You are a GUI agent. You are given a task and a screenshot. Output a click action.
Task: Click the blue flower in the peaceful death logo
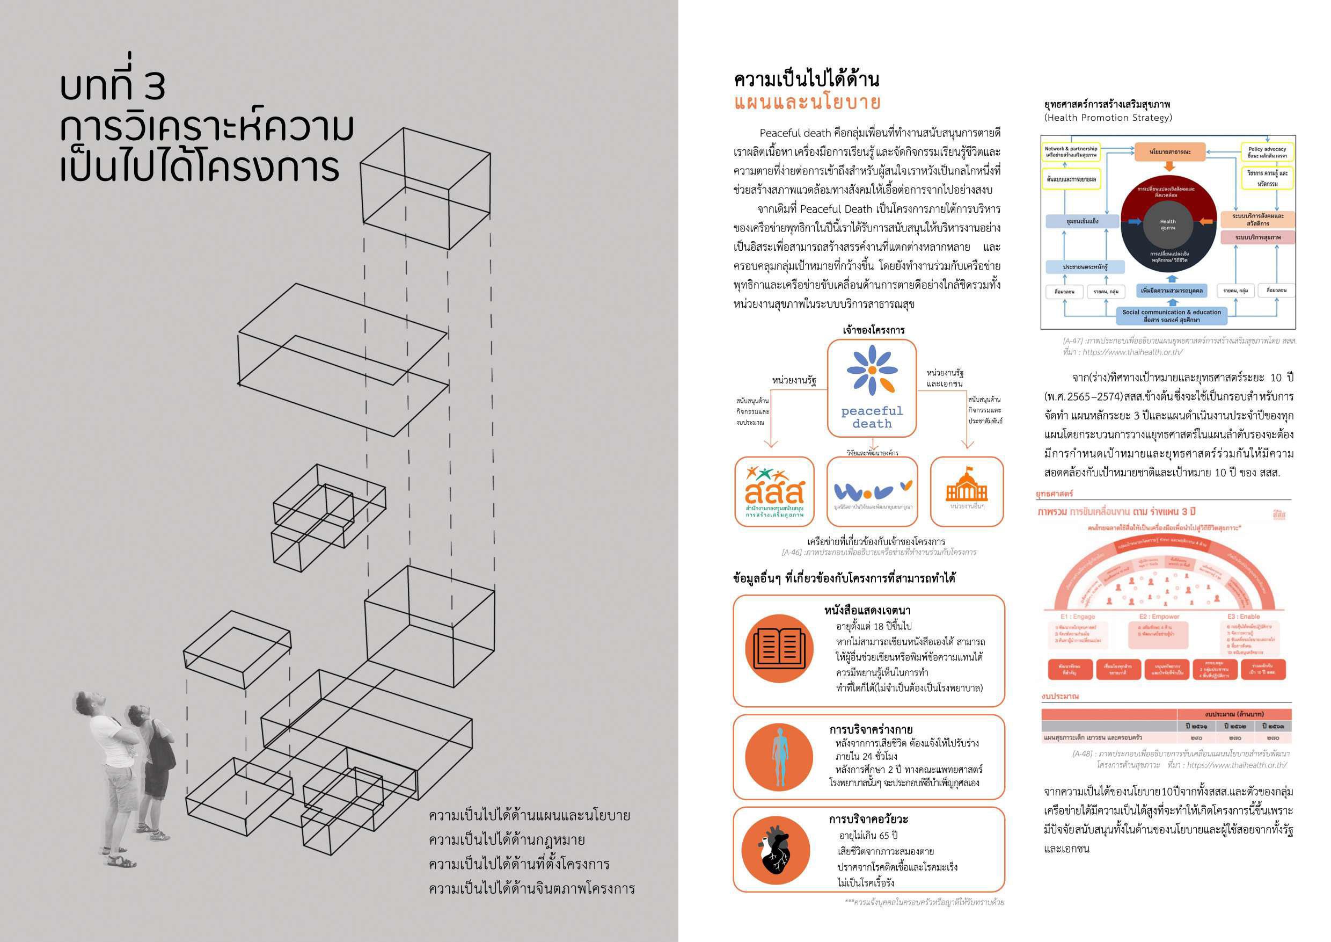pos(871,369)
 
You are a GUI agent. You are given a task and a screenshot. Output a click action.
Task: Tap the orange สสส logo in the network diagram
pos(774,491)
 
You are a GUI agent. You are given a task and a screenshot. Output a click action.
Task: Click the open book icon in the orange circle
pos(779,648)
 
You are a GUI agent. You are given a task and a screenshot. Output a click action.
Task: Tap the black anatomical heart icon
pos(776,850)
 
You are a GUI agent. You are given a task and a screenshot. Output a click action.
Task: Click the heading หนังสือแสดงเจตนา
pos(867,610)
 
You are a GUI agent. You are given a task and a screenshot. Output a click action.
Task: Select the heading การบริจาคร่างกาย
pos(871,729)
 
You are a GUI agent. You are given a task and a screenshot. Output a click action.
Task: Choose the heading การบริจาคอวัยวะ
pos(868,819)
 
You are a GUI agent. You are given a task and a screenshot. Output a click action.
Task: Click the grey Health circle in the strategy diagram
pos(1167,224)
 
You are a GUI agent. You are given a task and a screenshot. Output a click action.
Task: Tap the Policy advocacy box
pos(1267,152)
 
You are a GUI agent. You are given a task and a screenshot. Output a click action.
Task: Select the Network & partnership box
pos(1071,152)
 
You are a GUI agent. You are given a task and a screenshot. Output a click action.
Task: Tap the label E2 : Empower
pos(1159,617)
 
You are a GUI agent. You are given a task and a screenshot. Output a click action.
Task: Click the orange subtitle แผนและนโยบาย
pos(807,102)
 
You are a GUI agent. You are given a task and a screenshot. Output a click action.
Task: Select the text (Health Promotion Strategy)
pos(1108,118)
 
